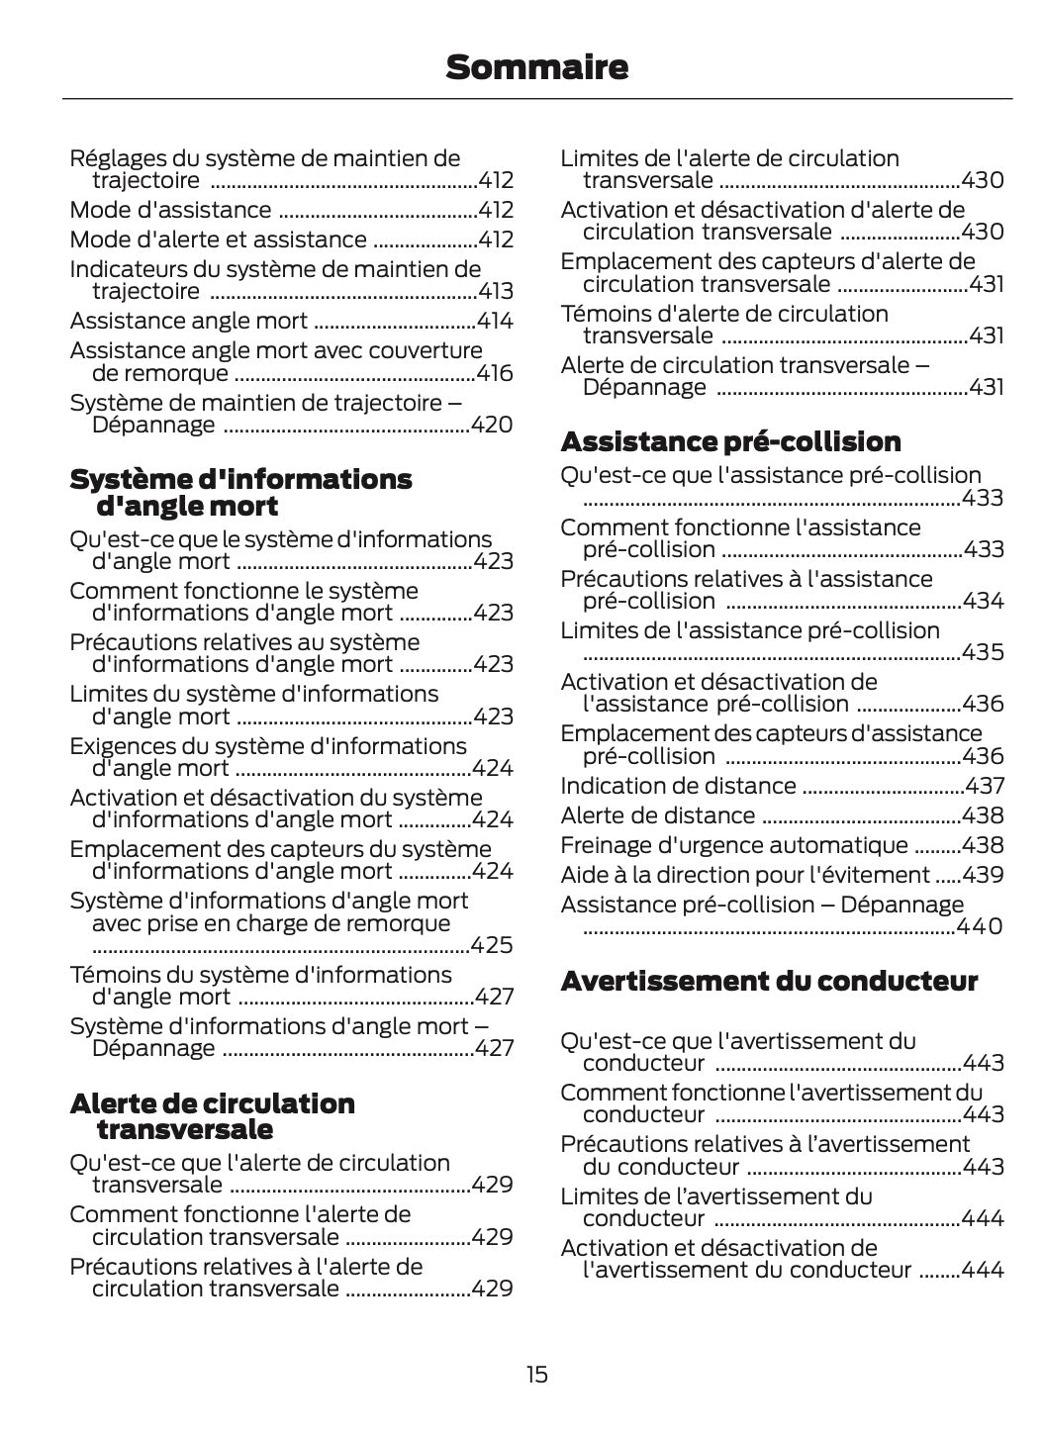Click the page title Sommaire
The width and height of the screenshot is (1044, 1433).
coord(536,67)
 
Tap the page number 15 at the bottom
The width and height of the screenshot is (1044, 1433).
coord(536,1375)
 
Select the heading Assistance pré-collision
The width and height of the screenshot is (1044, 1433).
coord(730,441)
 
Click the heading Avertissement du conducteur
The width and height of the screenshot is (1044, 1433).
coord(769,981)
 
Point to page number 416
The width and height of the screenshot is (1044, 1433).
coord(495,373)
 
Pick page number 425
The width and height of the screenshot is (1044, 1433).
coord(493,945)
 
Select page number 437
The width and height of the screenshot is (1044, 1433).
coord(985,786)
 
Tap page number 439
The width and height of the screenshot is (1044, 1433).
coord(984,875)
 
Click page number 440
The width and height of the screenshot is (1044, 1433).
coord(980,926)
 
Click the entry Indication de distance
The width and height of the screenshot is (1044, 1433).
coord(678,786)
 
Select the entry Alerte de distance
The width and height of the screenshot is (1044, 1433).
coord(657,815)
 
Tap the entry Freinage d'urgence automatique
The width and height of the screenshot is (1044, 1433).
coord(733,845)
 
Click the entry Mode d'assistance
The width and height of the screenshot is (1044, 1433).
coord(170,210)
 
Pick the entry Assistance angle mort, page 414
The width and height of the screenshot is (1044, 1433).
coord(188,321)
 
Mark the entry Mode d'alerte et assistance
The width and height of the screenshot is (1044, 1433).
coord(218,239)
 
